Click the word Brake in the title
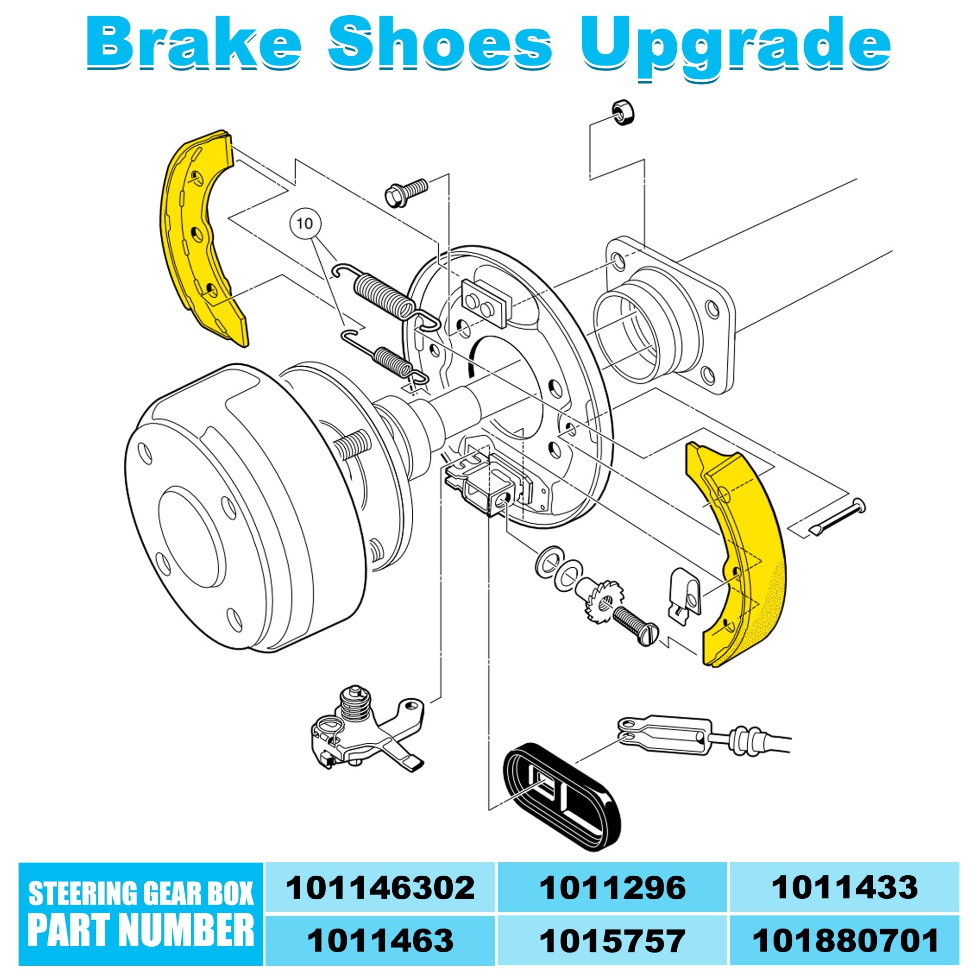195,44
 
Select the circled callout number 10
305,223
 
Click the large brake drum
253,506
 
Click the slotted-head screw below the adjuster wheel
636,626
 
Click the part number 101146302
380,888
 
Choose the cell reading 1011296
613,888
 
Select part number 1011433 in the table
845,888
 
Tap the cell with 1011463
380,940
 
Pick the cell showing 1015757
613,940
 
